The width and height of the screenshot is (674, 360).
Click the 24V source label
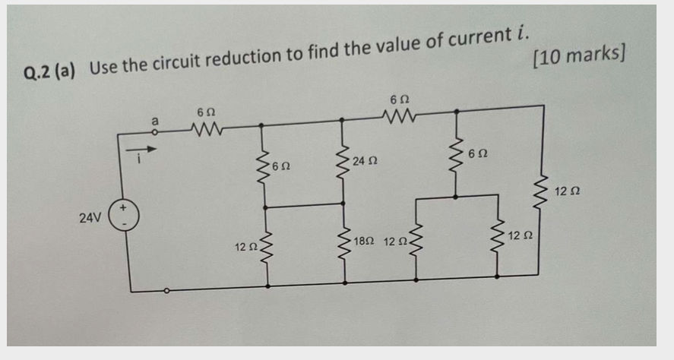click(90, 218)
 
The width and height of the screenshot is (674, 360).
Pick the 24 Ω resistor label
click(365, 161)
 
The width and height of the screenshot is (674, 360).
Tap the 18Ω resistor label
click(364, 241)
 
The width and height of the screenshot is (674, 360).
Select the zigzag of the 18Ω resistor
click(343, 243)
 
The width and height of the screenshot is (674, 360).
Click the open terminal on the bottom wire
click(167, 289)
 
